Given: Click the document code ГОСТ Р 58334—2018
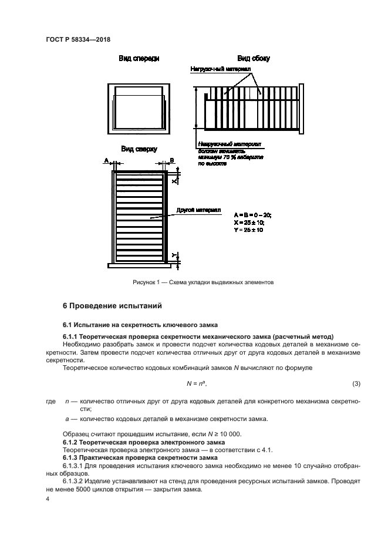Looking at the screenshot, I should pyautogui.click(x=78, y=39).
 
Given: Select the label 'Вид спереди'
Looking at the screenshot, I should pyautogui.click(x=139, y=59).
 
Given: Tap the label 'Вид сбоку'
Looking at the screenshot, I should pyautogui.click(x=253, y=59).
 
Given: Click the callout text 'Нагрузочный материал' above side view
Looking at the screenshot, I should pyautogui.click(x=221, y=69).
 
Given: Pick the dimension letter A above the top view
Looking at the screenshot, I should pyautogui.click(x=106, y=160).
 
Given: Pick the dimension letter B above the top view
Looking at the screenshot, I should pyautogui.click(x=172, y=160).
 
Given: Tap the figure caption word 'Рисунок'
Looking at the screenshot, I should pyautogui.click(x=144, y=282).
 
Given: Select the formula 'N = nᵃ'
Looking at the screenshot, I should pyautogui.click(x=197, y=384).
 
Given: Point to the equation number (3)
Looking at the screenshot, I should pyautogui.click(x=356, y=384).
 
